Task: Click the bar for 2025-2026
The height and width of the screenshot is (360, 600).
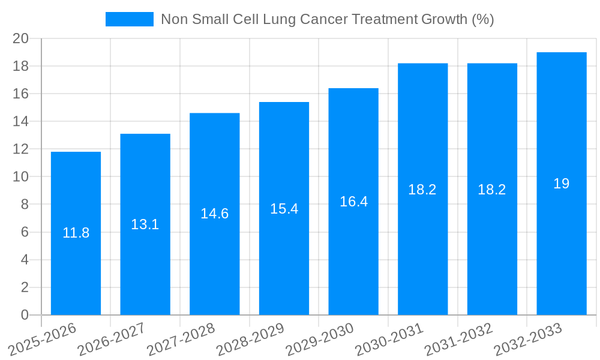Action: tap(76, 270)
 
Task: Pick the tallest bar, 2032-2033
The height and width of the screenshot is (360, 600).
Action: tap(562, 240)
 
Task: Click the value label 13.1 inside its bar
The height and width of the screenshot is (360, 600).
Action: tap(145, 224)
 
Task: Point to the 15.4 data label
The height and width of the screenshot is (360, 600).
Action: tap(284, 209)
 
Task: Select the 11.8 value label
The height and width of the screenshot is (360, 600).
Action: tap(76, 233)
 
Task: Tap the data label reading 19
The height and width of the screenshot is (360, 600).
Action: tap(562, 184)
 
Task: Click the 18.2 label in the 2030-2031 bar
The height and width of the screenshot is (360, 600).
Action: tap(422, 190)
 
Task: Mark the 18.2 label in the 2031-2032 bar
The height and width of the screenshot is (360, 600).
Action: tap(492, 190)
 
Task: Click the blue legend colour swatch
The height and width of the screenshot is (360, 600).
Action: tap(129, 19)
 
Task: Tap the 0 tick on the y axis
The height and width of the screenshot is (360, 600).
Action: tap(25, 315)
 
